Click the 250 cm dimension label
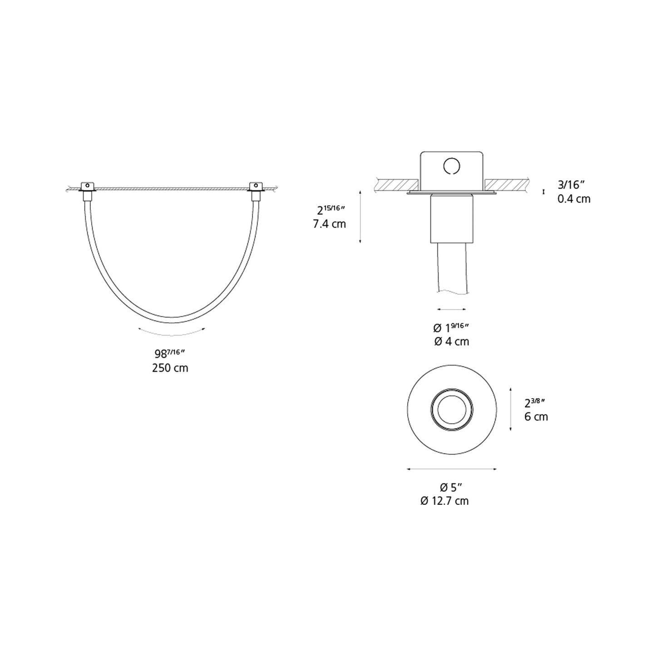(170, 368)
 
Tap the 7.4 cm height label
(329, 224)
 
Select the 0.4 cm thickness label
(574, 199)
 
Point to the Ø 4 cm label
(451, 341)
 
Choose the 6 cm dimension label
(536, 416)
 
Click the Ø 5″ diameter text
(451, 487)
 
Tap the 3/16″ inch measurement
(571, 185)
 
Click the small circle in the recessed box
(451, 166)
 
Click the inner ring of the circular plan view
(451, 409)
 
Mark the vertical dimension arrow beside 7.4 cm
(360, 217)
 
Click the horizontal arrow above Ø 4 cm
(451, 309)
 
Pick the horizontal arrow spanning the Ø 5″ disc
(452, 469)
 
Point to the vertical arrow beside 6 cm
(511, 409)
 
